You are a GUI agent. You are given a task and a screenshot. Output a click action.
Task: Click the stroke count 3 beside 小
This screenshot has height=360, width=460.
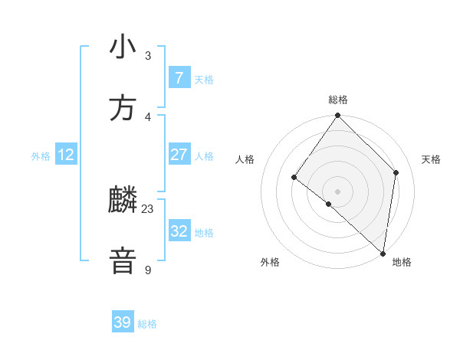point(148,55)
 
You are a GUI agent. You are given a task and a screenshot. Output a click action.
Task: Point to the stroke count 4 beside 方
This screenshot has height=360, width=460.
point(148,116)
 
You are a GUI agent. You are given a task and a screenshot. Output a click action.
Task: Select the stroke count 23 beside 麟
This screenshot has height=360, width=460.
point(148,208)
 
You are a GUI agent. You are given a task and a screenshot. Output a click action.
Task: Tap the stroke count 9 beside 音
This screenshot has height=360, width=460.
point(148,270)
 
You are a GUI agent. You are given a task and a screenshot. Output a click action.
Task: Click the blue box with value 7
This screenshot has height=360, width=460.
point(179,77)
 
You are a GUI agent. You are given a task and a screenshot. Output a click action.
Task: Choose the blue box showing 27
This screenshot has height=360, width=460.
point(179,155)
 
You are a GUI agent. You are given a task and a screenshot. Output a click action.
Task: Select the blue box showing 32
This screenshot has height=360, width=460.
point(179,231)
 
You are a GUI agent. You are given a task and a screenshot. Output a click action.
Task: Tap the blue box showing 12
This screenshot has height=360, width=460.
point(66,155)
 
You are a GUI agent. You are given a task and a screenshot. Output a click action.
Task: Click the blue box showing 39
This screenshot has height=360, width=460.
point(123,322)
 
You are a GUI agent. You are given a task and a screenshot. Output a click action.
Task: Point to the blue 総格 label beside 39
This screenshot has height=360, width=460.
point(147,324)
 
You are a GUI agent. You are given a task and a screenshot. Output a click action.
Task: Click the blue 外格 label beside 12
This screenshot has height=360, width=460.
point(41,156)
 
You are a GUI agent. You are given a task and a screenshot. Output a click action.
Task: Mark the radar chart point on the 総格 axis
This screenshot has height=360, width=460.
point(337,116)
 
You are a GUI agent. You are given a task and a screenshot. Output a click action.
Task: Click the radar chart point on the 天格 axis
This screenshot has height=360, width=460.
point(396,172)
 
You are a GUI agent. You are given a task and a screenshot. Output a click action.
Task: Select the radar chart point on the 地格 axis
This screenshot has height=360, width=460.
point(383,253)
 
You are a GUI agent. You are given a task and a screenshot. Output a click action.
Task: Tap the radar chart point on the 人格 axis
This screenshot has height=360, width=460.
point(294,178)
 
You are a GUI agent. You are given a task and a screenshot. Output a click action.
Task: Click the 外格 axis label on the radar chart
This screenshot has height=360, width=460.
point(270,263)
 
